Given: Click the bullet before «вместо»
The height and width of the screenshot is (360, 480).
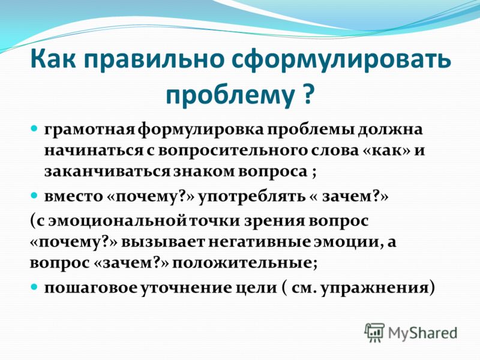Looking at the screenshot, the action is point(35,194).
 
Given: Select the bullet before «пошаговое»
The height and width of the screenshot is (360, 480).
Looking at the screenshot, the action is point(35,287).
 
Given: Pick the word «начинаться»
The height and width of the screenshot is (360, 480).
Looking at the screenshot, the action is point(94,151).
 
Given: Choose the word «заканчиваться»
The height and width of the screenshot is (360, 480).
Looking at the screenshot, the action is point(107,172).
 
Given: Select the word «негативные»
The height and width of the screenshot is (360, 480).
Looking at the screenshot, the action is point(261,242).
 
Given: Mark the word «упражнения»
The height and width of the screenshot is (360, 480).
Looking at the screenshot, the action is point(374,289).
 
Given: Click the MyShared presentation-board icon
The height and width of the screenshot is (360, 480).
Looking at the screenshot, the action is point(374,332).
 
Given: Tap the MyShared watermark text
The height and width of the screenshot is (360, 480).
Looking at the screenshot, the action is point(423,333).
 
